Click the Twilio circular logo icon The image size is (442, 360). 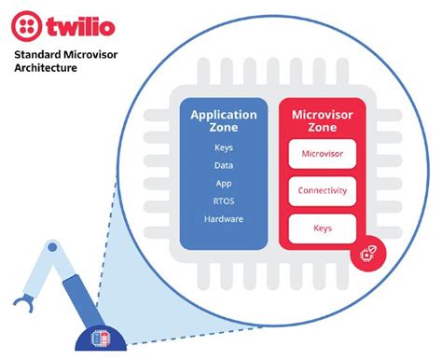(33, 28)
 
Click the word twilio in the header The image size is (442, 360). (90, 27)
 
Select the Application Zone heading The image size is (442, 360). (224, 122)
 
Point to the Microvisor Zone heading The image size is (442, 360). (323, 122)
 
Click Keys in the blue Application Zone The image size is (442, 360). (224, 147)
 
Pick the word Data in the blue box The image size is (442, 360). (224, 165)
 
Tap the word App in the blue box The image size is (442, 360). (224, 183)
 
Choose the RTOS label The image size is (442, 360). (224, 201)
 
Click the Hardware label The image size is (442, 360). (224, 218)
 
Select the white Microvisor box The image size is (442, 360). (323, 154)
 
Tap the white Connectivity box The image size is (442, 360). (323, 190)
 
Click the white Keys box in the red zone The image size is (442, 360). (323, 227)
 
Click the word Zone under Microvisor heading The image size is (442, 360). (323, 130)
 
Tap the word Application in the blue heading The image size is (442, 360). (224, 115)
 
